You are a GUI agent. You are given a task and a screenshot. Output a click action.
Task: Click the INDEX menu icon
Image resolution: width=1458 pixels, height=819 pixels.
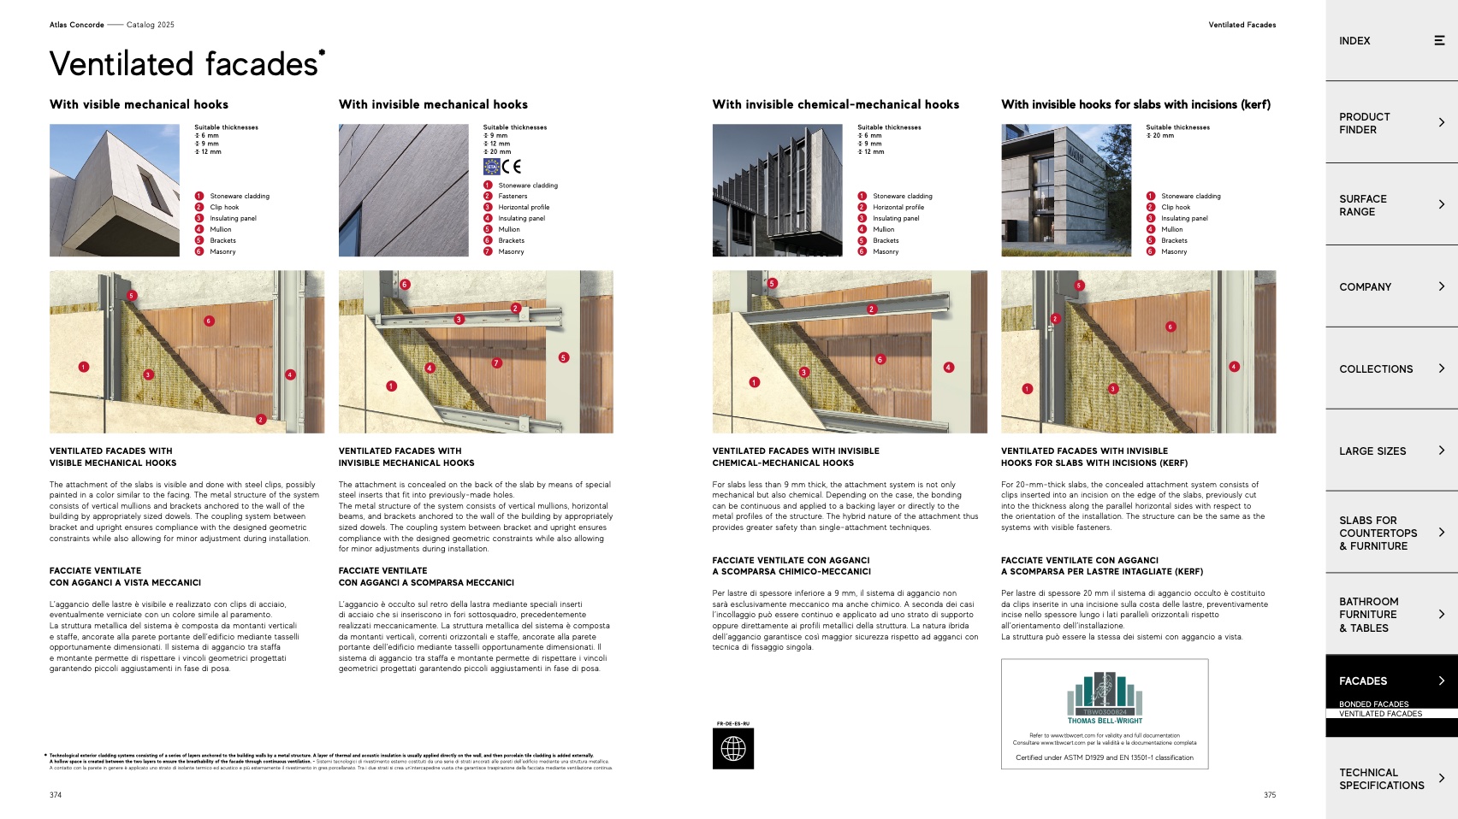click(x=1439, y=40)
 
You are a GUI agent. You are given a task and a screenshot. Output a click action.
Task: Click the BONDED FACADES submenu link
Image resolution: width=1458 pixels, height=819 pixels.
click(x=1373, y=704)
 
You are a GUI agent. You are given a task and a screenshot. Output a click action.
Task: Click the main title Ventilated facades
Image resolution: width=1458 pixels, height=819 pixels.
click(x=184, y=64)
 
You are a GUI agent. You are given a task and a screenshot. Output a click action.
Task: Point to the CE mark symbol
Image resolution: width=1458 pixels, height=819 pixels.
click(x=512, y=167)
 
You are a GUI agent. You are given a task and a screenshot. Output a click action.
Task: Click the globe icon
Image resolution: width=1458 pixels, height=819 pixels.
click(x=733, y=749)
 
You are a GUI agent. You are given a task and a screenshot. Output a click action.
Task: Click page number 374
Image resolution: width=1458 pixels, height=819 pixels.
click(x=56, y=795)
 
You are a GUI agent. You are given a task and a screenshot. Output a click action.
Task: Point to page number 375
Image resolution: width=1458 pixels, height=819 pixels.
click(x=1270, y=795)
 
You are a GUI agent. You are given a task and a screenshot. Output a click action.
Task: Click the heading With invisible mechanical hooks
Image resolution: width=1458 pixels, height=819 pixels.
click(x=433, y=104)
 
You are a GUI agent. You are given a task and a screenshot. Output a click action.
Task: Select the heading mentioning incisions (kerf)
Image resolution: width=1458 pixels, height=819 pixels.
click(x=1135, y=104)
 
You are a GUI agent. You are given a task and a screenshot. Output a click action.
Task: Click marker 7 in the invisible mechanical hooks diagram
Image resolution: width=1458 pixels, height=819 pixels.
click(x=496, y=363)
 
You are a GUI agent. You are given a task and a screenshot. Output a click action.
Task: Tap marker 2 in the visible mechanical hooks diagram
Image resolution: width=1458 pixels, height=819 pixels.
click(x=261, y=420)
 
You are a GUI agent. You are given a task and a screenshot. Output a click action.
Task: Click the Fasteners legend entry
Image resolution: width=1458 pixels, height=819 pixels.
click(x=513, y=197)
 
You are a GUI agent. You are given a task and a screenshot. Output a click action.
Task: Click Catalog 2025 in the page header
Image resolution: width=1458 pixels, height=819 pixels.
click(x=151, y=25)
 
